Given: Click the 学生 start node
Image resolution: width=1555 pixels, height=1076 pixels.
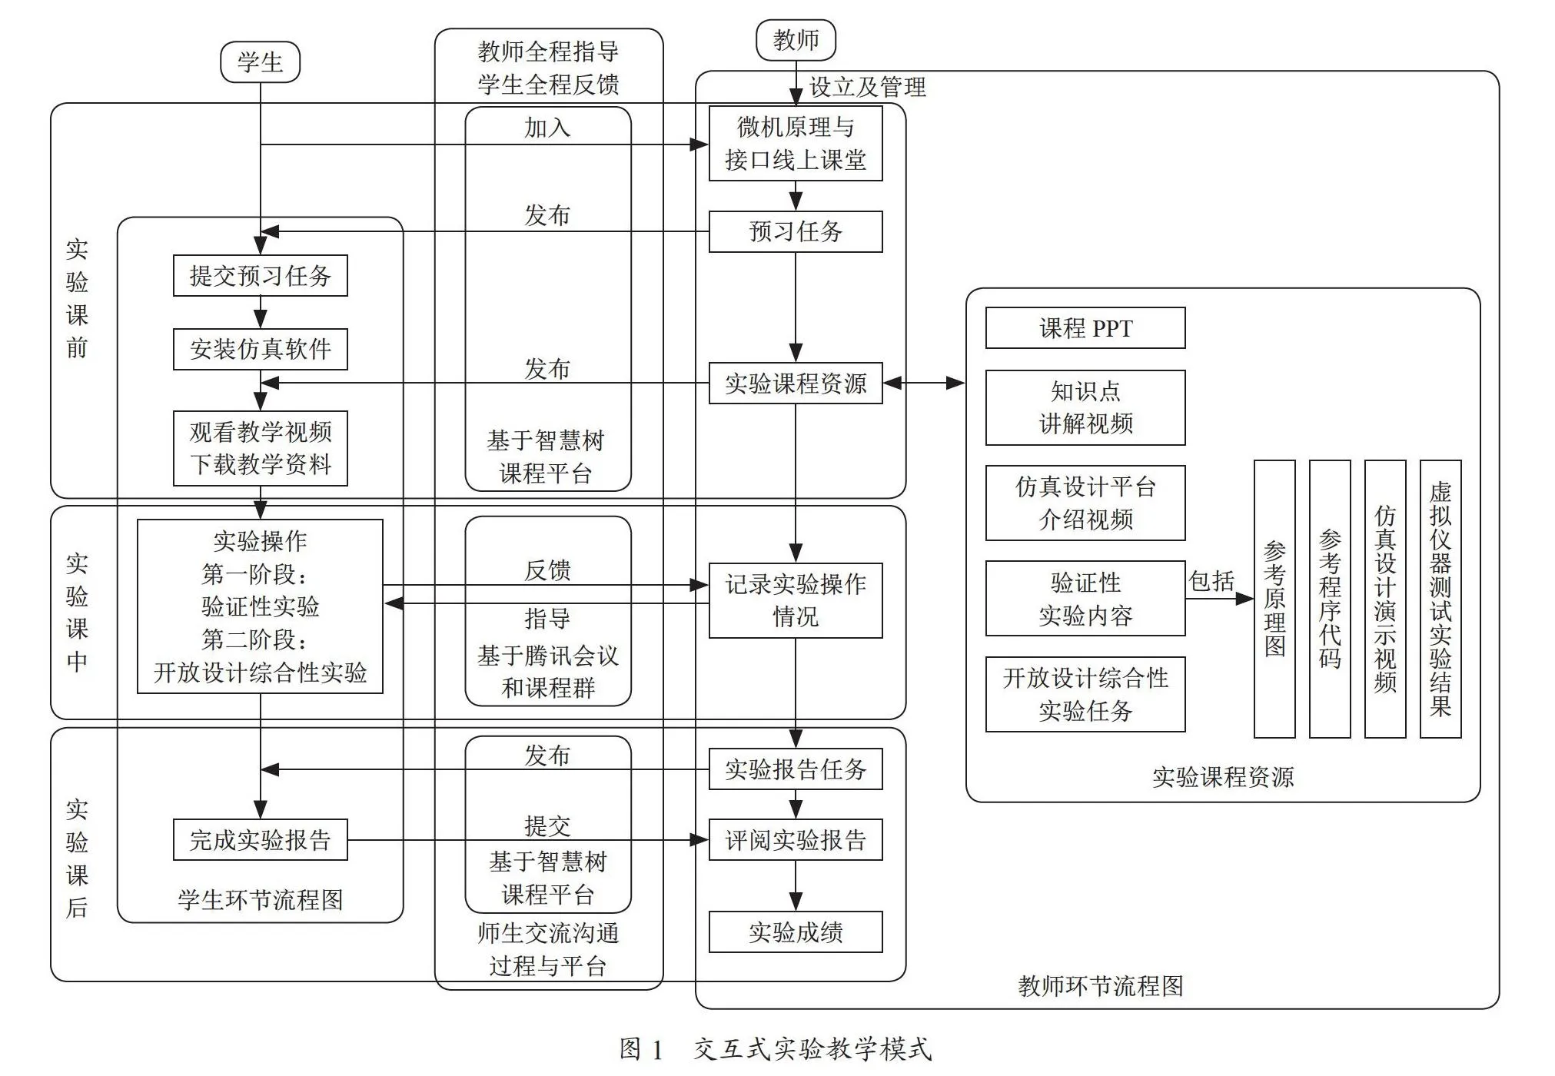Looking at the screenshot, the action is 260,62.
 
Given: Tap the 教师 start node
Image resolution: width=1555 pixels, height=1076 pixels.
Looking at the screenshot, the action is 796,40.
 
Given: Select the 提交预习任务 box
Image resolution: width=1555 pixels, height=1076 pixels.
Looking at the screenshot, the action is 260,275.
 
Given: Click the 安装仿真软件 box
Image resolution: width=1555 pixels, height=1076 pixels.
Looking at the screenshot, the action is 260,349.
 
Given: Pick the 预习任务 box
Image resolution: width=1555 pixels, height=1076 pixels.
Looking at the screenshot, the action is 796,231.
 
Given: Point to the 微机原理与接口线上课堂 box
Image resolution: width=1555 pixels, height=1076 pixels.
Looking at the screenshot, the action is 796,144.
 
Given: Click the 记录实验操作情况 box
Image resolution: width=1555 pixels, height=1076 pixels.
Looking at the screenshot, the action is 796,600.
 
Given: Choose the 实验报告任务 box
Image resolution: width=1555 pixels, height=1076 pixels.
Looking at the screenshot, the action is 796,769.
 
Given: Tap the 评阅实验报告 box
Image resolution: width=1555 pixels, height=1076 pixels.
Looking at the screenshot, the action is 796,839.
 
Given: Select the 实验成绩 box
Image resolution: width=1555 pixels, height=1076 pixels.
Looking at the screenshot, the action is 796,932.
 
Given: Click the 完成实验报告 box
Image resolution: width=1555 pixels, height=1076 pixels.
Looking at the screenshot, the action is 260,839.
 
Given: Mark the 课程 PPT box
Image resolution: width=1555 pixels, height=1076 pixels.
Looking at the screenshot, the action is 1085,328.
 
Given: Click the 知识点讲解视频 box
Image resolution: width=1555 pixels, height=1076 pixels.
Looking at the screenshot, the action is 1085,407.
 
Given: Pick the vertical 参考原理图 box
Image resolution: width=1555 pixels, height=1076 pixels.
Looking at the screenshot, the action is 1274,599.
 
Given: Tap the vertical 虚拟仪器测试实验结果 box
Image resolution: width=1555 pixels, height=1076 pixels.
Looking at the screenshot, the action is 1440,599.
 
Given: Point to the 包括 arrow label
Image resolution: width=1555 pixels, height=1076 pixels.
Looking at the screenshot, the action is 1211,580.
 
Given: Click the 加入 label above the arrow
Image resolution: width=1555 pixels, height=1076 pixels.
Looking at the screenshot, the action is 547,128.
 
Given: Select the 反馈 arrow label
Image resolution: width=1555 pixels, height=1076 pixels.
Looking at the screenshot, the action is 547,570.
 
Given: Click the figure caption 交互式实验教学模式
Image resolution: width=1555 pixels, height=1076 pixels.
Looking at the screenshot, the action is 812,1049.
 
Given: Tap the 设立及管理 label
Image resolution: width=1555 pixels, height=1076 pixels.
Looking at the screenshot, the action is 868,87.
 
